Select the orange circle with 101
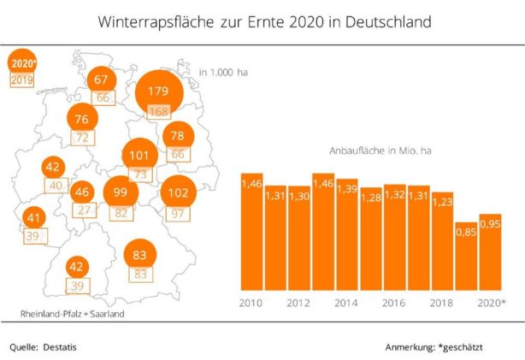(139, 156)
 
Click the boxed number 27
(83, 210)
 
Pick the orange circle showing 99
(120, 193)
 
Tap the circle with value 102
(179, 192)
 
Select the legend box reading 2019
(21, 80)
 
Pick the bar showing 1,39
(346, 234)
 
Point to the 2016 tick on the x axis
(394, 303)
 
